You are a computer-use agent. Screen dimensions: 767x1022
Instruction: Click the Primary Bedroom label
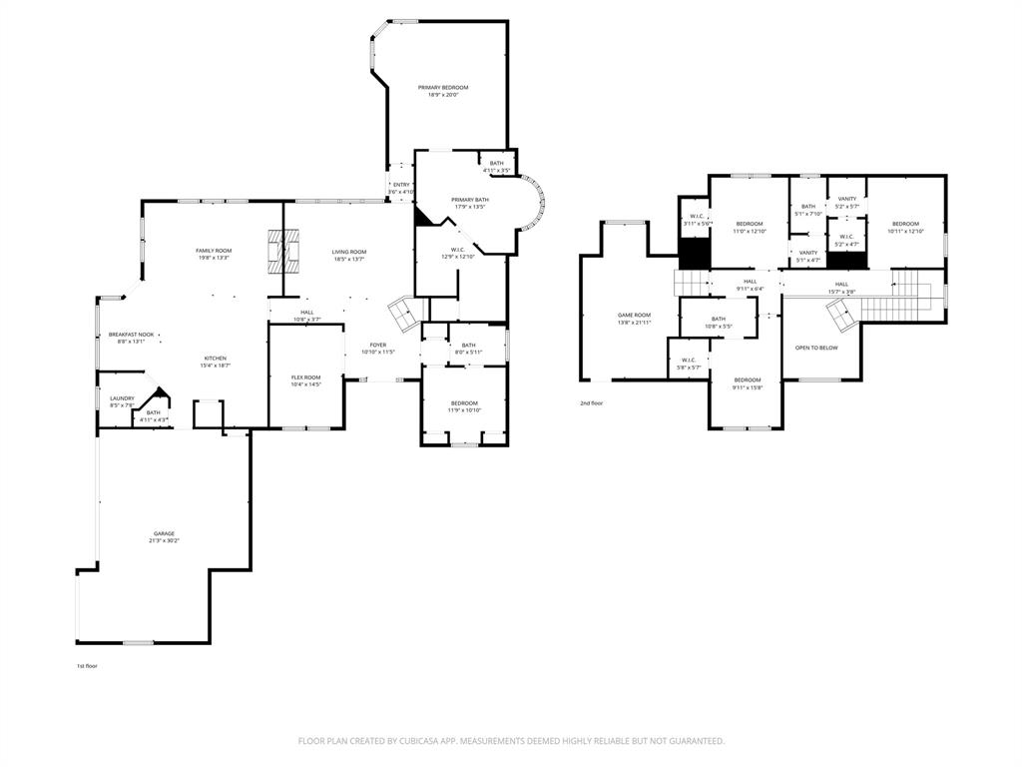pyautogui.click(x=442, y=88)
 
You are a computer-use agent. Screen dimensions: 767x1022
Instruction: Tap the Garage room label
pyautogui.click(x=164, y=533)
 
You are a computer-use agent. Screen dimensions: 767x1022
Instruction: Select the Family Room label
pyautogui.click(x=213, y=250)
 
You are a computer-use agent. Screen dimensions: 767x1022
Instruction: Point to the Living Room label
pyautogui.click(x=349, y=252)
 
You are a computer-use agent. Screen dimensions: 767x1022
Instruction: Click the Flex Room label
pyautogui.click(x=305, y=377)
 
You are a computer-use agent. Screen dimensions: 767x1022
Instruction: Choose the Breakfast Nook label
pyautogui.click(x=132, y=335)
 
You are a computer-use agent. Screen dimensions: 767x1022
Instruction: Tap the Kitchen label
pyautogui.click(x=216, y=359)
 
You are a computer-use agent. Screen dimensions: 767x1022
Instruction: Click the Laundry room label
pyautogui.click(x=122, y=397)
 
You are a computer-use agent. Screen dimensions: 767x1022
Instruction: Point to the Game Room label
pyautogui.click(x=634, y=315)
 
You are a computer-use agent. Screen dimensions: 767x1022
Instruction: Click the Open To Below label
pyautogui.click(x=816, y=348)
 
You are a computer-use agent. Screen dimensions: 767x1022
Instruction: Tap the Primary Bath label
pyautogui.click(x=469, y=200)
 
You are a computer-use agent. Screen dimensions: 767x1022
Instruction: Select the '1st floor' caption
pyautogui.click(x=87, y=665)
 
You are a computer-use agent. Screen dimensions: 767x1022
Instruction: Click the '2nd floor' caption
pyautogui.click(x=592, y=403)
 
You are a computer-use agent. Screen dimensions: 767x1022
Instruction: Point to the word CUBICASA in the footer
pyautogui.click(x=447, y=741)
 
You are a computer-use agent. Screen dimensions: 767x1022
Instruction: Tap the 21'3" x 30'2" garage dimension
pyautogui.click(x=164, y=541)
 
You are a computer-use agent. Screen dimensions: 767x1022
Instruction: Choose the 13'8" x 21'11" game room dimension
pyautogui.click(x=634, y=322)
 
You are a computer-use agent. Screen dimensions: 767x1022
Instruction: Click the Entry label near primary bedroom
pyautogui.click(x=401, y=185)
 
